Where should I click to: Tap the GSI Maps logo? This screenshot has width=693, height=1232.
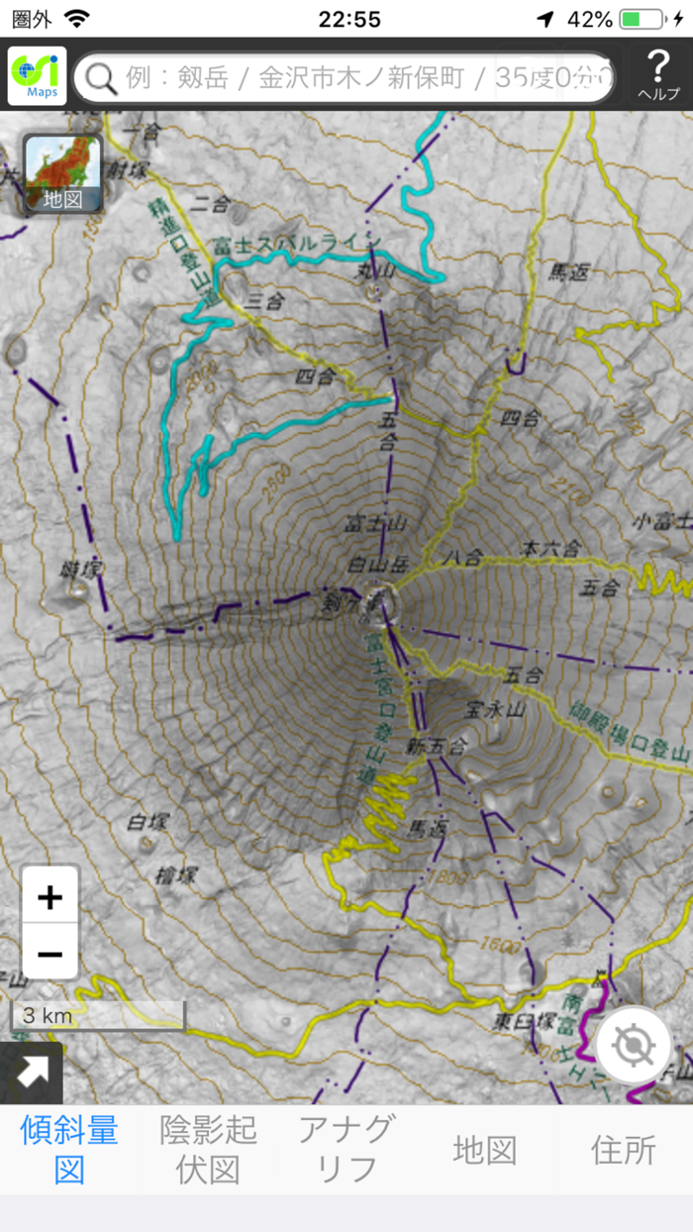[x=37, y=75]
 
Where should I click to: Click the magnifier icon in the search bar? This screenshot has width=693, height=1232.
[x=101, y=76]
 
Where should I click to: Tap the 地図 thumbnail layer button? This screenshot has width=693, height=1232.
[x=61, y=174]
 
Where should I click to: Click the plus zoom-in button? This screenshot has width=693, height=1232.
[x=49, y=897]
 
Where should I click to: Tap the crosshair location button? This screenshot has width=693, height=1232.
[x=634, y=1045]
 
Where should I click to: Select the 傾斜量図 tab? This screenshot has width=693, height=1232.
[x=69, y=1149]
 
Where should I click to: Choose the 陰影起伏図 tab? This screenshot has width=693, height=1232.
[x=208, y=1149]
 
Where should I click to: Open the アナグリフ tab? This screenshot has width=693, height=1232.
[x=346, y=1149]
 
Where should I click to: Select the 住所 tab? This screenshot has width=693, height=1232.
[x=624, y=1149]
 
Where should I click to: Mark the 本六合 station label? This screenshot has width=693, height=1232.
[x=551, y=548]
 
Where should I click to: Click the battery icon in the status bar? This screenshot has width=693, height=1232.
[x=643, y=19]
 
